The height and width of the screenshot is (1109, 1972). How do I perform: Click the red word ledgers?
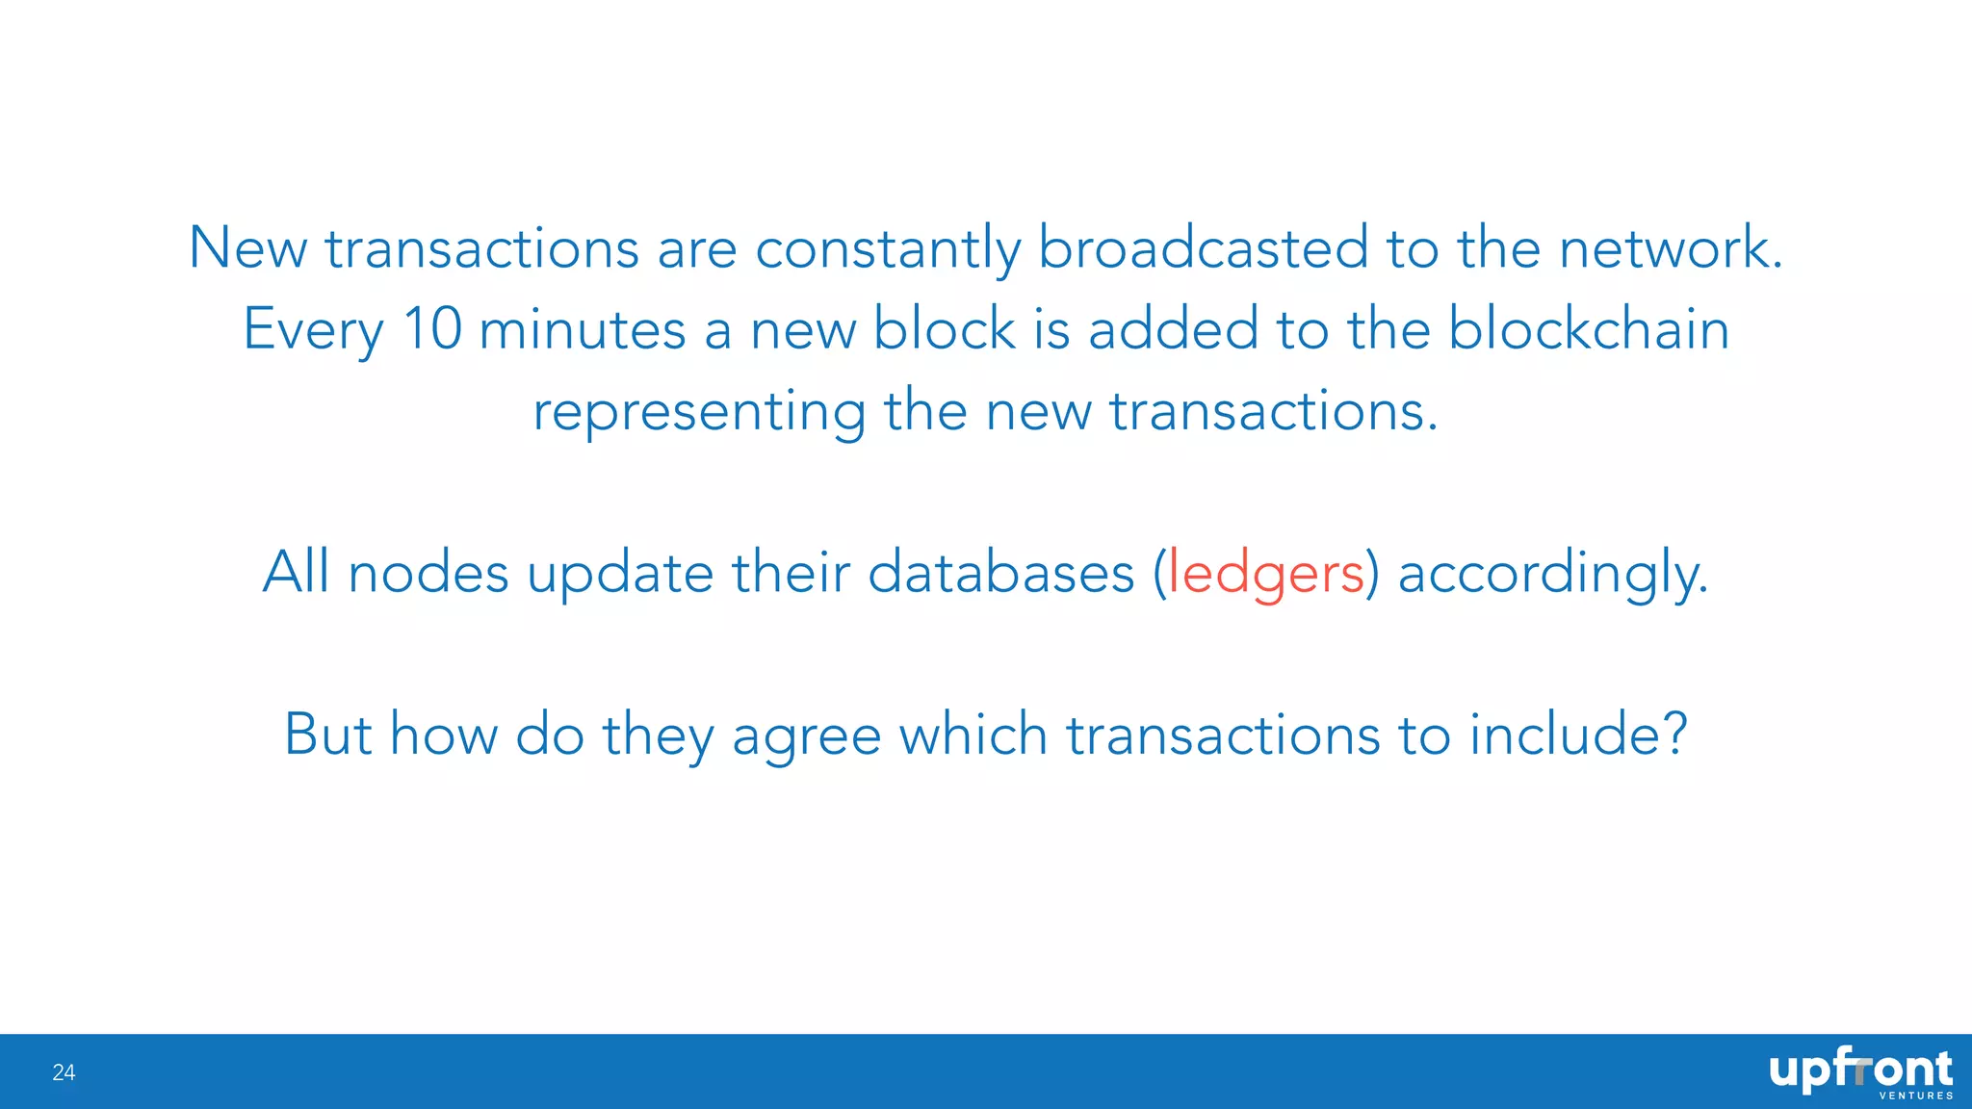pos(1265,573)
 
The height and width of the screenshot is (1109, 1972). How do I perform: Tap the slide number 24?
pos(64,1072)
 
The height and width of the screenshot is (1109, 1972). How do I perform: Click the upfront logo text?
pos(1860,1070)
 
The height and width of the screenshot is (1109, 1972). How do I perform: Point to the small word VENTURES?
pos(1916,1096)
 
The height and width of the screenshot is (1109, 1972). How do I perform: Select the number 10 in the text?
pos(432,329)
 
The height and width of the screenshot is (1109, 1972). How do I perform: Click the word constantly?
pos(886,248)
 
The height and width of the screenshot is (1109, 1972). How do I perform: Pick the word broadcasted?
pos(1203,248)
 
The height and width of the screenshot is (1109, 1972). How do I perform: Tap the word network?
pos(1670,248)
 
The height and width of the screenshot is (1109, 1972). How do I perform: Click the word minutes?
pos(582,329)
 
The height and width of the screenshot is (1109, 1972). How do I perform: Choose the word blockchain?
pos(1589,329)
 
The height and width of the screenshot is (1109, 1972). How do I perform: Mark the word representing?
pos(699,412)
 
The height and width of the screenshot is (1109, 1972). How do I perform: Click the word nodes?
pos(428,573)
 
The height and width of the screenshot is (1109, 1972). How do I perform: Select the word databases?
pos(1001,573)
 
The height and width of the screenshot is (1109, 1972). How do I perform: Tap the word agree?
pos(806,736)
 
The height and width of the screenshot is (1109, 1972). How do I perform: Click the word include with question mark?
pos(1579,735)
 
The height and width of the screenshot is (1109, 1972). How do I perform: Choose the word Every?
pos(313,329)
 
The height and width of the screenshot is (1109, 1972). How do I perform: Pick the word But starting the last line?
pos(327,735)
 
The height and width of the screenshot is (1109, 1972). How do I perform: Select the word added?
pos(1173,329)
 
